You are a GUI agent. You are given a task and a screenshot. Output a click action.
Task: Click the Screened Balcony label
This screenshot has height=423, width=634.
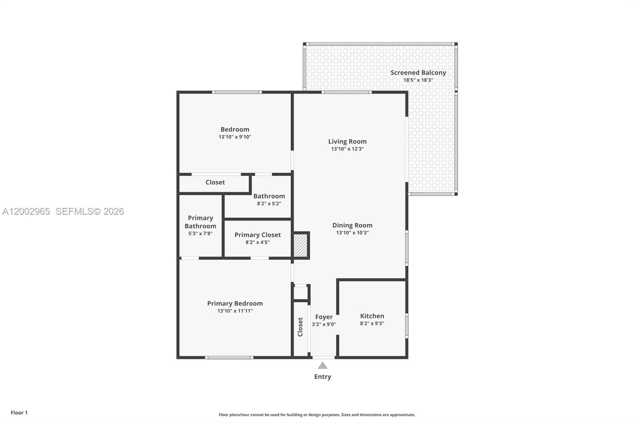click(418, 73)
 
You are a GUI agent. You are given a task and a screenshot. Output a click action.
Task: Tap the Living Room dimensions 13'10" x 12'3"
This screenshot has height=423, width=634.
click(347, 149)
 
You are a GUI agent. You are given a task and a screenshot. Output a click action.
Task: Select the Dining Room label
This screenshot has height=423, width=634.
click(352, 225)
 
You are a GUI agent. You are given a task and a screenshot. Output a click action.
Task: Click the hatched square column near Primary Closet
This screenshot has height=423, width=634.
click(300, 246)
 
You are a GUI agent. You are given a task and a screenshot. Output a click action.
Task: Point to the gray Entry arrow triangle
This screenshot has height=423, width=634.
click(323, 365)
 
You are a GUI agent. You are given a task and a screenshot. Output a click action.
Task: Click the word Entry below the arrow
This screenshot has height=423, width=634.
click(323, 377)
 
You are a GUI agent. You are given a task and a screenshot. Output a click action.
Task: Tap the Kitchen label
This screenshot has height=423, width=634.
click(372, 316)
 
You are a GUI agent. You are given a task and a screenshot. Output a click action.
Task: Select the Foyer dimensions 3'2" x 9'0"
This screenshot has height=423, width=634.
click(324, 324)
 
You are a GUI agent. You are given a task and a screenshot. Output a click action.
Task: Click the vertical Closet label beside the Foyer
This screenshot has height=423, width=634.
click(300, 327)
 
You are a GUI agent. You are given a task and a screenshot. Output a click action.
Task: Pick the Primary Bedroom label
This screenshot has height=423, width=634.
click(235, 303)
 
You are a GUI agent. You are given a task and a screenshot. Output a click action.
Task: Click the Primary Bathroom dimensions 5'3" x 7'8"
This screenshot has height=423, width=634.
click(200, 233)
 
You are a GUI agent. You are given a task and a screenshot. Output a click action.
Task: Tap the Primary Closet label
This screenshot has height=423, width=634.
click(258, 235)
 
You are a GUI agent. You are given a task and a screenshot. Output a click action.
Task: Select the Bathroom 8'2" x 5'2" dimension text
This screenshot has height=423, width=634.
click(269, 204)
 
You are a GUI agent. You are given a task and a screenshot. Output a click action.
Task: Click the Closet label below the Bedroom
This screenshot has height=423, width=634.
click(215, 182)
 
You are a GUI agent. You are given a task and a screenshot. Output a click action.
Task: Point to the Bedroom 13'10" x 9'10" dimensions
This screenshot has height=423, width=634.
click(235, 137)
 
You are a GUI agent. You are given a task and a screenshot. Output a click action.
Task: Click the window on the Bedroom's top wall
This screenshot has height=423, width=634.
click(237, 92)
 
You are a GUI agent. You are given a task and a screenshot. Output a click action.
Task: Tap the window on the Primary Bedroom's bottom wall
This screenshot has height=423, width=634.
click(229, 358)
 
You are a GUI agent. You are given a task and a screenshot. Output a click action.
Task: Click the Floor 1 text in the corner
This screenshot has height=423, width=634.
click(19, 413)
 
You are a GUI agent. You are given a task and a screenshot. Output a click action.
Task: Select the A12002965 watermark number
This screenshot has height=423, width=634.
click(26, 211)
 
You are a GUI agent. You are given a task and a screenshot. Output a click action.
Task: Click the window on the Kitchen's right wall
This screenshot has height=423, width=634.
click(407, 326)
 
